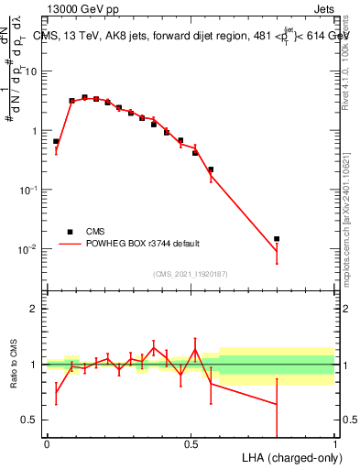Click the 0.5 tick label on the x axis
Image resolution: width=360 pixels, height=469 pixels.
[191, 444]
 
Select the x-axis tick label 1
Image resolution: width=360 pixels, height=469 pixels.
[335, 444]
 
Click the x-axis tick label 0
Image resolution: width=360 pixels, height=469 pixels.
[47, 444]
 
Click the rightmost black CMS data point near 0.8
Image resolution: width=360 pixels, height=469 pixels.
[277, 238]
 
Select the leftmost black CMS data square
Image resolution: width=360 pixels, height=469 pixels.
[56, 142]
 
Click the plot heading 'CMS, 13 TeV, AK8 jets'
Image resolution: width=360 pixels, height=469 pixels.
[101, 36]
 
